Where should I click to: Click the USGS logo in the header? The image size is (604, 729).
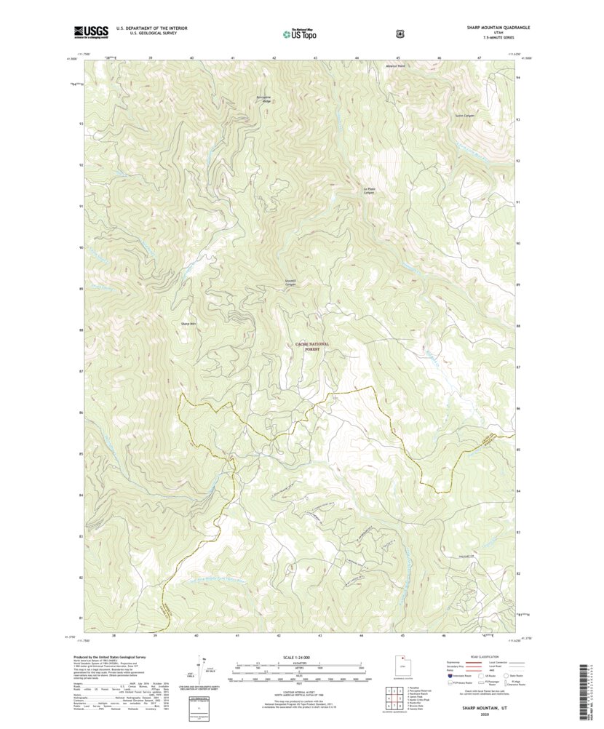(91, 31)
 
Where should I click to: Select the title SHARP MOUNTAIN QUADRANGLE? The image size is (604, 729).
(498, 27)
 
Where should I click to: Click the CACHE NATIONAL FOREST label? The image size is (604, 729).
(311, 346)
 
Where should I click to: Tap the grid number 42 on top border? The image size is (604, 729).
(274, 57)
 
